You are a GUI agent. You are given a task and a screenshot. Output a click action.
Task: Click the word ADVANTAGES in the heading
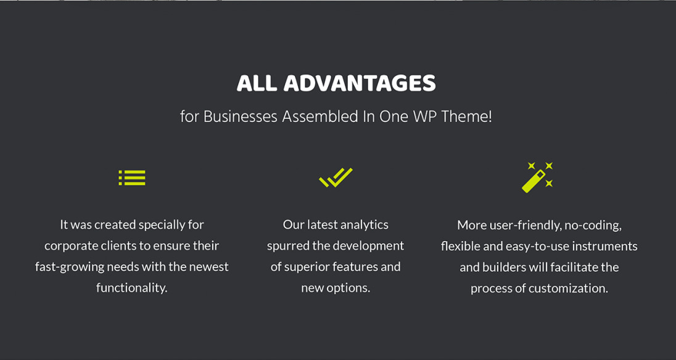(x=360, y=83)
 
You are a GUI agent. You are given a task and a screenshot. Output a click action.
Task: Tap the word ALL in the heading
(x=257, y=83)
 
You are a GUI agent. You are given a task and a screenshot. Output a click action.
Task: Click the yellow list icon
(x=132, y=178)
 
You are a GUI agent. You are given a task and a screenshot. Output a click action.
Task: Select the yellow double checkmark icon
(x=336, y=178)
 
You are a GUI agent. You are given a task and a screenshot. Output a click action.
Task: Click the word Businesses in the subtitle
(x=240, y=117)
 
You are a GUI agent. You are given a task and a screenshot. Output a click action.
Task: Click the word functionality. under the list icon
(x=131, y=288)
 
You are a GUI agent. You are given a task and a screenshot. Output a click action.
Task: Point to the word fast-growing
(x=70, y=267)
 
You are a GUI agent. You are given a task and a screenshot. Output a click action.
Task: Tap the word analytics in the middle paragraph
(x=365, y=225)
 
